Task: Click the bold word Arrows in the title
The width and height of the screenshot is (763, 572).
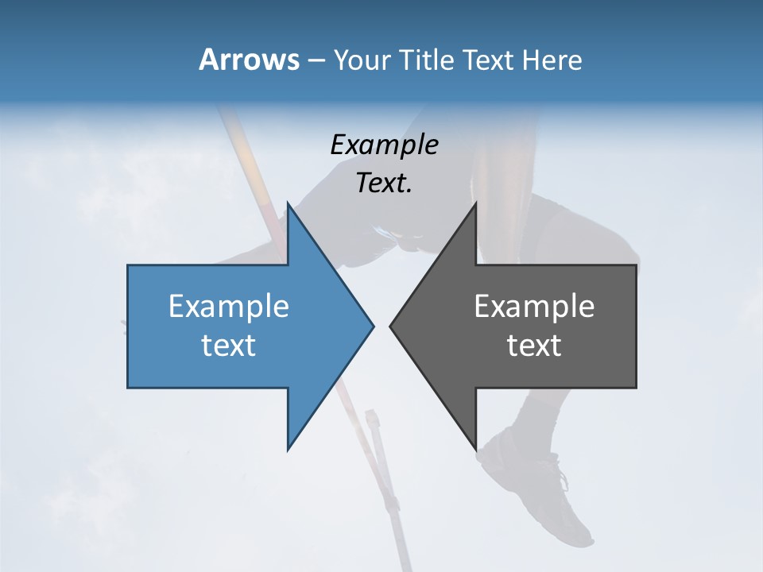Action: (x=248, y=60)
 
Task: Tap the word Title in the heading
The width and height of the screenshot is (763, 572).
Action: (x=428, y=60)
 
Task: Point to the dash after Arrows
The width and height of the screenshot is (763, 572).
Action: (x=316, y=61)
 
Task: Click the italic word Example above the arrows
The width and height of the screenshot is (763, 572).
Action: (x=384, y=145)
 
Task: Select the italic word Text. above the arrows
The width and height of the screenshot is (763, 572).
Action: (x=384, y=184)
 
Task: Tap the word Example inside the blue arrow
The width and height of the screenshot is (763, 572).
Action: (x=229, y=306)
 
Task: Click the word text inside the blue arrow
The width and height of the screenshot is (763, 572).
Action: (x=229, y=346)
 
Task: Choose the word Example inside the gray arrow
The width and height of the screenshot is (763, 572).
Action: (x=534, y=306)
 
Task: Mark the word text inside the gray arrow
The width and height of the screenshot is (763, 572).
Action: (x=534, y=346)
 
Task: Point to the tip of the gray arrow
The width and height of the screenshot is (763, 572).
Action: (x=391, y=326)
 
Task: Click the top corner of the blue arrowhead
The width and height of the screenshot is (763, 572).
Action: (x=289, y=204)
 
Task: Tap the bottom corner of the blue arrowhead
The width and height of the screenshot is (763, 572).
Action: (x=289, y=449)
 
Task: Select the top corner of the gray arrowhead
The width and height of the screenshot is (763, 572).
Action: (x=475, y=204)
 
